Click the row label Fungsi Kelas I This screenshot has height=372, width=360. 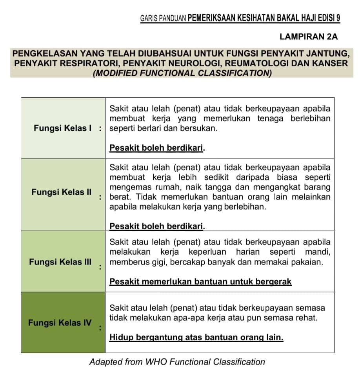click(63, 128)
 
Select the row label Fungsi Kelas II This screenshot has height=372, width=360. click(62, 192)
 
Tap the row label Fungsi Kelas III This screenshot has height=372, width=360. click(60, 262)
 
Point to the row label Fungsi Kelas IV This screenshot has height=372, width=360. click(60, 323)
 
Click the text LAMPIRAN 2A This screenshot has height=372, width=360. click(309, 37)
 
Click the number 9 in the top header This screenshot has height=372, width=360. click(338, 18)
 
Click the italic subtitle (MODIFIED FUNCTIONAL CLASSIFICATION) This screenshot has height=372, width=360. click(182, 73)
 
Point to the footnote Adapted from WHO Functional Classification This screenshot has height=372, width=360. click(177, 362)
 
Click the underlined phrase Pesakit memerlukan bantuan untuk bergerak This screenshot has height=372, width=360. click(200, 282)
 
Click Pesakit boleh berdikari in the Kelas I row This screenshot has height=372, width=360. click(158, 148)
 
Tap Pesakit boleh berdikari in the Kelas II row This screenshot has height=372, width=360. click(158, 226)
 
